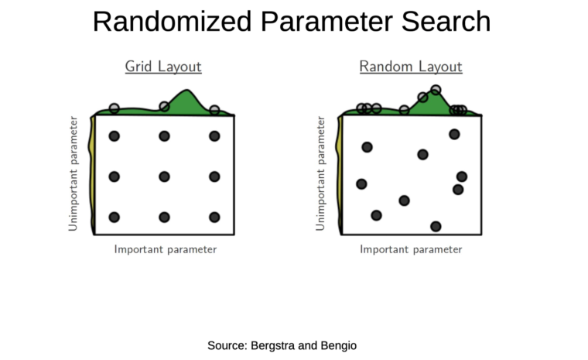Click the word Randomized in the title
(172, 22)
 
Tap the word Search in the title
(446, 22)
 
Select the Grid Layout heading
(163, 67)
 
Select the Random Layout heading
(411, 67)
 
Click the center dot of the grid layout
(164, 177)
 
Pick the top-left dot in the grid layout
(115, 136)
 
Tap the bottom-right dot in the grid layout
(214, 217)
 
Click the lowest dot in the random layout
(436, 226)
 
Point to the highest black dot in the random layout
(454, 134)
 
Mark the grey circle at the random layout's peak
(436, 90)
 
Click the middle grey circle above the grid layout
(164, 107)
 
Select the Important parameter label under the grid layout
(166, 249)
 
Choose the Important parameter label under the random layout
(411, 249)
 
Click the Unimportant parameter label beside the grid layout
(73, 173)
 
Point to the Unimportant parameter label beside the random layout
(320, 173)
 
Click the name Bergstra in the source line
(272, 345)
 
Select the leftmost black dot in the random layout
(361, 184)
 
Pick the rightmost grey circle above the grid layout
(214, 110)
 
